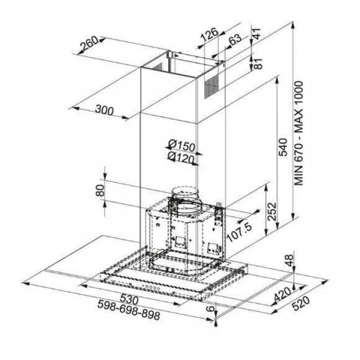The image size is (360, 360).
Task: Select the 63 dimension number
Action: pos(235,40)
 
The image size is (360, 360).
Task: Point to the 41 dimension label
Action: pos(257,34)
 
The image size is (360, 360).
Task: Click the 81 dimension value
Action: pos(258,63)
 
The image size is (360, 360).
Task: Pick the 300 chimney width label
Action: pos(104,110)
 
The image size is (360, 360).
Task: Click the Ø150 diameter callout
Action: pos(182,146)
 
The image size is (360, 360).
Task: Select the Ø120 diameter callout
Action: pos(181,157)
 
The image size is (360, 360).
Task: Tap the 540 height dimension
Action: pos(283,147)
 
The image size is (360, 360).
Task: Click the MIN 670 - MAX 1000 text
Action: pos(299,133)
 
